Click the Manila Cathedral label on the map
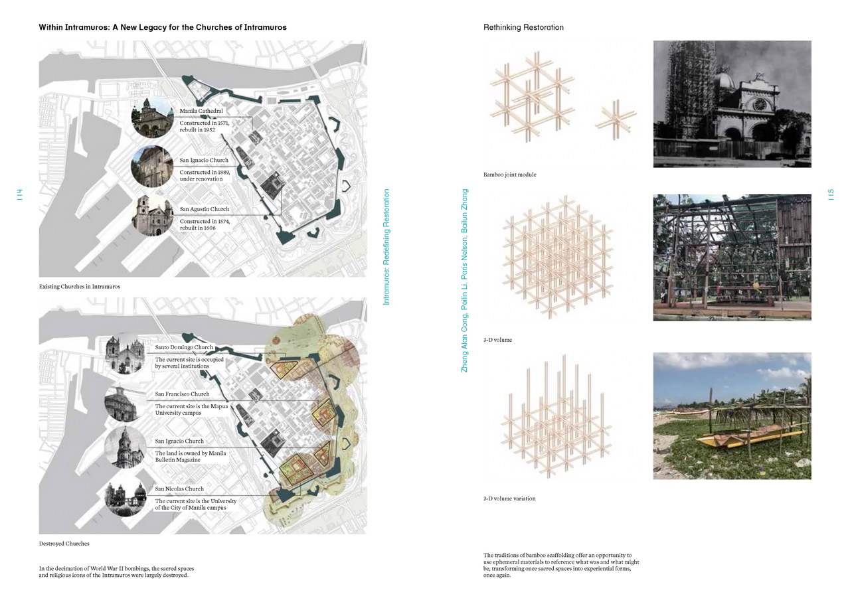click(201, 111)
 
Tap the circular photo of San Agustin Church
click(153, 215)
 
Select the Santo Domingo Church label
click(184, 347)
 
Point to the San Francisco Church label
click(182, 394)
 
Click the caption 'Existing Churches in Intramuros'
click(80, 286)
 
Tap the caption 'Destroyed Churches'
click(64, 543)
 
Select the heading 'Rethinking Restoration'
click(523, 27)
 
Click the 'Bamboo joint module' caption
click(509, 175)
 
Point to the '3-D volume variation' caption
click(509, 498)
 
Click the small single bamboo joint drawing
click(616, 119)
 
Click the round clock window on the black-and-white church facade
click(760, 104)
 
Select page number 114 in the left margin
click(19, 194)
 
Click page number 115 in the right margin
click(831, 194)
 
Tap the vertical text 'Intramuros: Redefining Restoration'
click(386, 247)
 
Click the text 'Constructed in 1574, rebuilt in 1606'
click(205, 224)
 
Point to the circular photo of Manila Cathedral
click(153, 117)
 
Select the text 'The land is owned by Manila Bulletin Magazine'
click(191, 457)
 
